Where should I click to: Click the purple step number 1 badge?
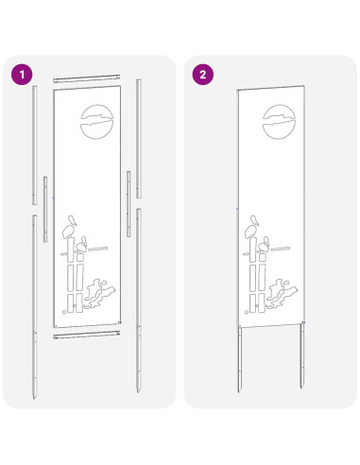(x=22, y=75)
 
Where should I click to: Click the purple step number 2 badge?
(x=203, y=75)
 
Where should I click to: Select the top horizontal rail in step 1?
(x=87, y=78)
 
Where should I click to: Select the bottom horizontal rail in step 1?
(x=87, y=335)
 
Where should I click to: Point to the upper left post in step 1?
(x=34, y=145)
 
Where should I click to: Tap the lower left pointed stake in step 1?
(x=34, y=307)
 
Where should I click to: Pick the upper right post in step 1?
(x=139, y=139)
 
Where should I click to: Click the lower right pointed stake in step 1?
(x=139, y=301)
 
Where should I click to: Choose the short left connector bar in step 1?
(x=45, y=209)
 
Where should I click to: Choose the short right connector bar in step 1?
(x=129, y=204)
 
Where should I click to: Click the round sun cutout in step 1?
(x=96, y=122)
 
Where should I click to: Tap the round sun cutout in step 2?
(x=279, y=122)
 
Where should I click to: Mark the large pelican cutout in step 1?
(x=69, y=228)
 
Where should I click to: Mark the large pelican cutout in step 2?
(x=251, y=228)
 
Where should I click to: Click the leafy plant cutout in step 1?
(x=99, y=294)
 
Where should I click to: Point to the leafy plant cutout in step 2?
(x=282, y=294)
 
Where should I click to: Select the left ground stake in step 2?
(x=240, y=359)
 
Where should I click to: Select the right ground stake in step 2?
(x=302, y=356)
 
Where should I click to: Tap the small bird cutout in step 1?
(x=82, y=245)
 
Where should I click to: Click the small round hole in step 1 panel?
(x=64, y=312)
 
